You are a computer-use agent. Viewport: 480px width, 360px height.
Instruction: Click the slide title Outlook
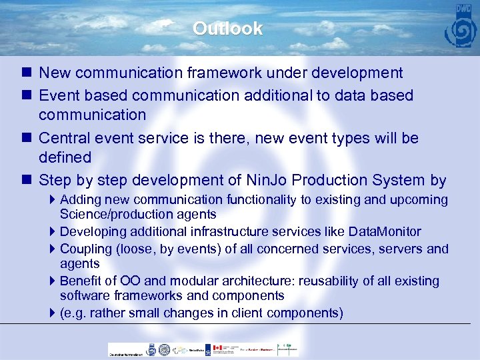click(227, 29)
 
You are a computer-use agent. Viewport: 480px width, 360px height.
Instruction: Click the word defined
click(65, 157)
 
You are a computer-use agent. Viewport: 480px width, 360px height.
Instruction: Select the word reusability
click(323, 281)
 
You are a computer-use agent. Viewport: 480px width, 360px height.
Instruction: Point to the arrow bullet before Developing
click(53, 232)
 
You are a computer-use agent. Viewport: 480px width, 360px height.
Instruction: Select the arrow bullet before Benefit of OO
click(53, 281)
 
